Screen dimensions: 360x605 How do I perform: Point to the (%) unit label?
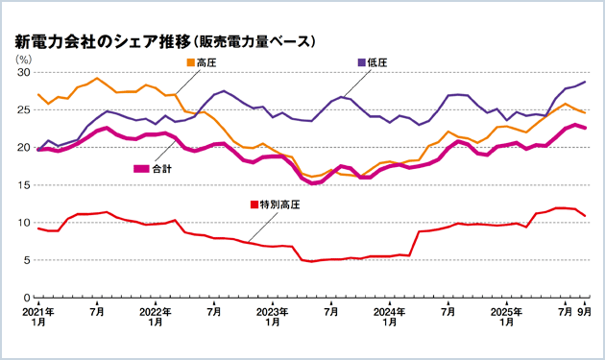(23, 60)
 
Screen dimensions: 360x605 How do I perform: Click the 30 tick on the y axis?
(25, 73)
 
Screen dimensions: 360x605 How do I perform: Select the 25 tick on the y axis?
(25, 110)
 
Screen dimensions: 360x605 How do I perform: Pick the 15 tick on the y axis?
(25, 185)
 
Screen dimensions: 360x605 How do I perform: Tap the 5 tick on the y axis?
(28, 260)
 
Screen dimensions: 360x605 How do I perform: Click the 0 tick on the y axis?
(28, 298)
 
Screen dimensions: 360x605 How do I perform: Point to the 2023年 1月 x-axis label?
(273, 318)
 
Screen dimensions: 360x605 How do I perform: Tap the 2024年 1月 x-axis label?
(390, 318)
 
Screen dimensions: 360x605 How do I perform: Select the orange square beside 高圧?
(190, 63)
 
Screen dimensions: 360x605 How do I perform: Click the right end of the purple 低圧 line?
(585, 83)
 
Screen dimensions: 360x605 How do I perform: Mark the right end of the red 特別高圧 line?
(585, 216)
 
